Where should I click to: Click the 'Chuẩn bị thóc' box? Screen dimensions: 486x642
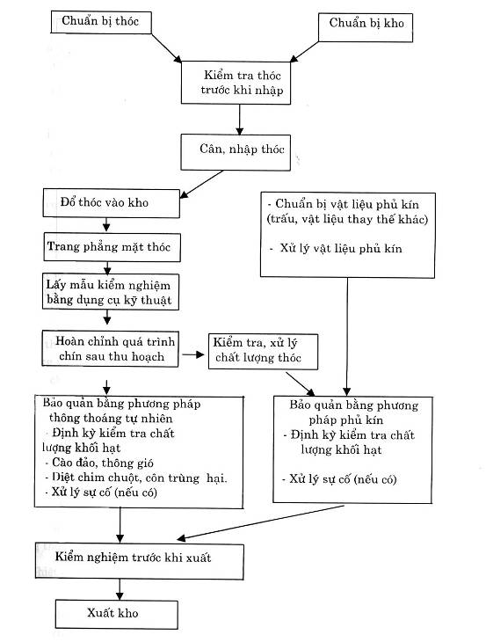101,22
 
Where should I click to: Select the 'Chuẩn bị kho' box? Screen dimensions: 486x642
366,27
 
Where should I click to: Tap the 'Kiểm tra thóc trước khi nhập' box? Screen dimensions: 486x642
236,83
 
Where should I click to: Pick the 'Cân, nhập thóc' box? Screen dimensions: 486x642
236,152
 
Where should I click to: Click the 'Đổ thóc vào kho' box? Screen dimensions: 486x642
112,203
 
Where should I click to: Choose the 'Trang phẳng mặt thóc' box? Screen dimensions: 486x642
112,247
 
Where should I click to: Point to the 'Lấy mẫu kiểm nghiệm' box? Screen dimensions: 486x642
111,291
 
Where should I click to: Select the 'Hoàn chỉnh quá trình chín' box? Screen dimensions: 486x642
110,348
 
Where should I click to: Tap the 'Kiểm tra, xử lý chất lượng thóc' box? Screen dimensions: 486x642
263,352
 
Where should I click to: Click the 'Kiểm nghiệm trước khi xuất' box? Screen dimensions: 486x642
140,561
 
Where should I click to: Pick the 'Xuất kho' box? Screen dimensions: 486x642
117,614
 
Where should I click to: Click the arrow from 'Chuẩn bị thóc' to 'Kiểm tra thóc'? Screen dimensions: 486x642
166,48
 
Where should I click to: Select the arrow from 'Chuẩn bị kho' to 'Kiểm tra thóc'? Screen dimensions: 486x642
304,52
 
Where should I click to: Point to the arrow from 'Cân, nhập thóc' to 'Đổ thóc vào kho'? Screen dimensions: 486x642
201,185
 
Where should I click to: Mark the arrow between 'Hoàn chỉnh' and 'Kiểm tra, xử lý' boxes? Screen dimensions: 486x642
193,354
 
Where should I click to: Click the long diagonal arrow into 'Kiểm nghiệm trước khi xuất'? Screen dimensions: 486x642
260,523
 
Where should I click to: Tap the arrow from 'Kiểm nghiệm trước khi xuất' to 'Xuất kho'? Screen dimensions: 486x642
120,589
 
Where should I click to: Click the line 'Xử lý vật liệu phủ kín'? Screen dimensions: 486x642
336,249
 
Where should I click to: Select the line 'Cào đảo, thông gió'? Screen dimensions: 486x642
99,463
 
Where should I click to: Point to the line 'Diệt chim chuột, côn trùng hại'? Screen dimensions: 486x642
136,478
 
